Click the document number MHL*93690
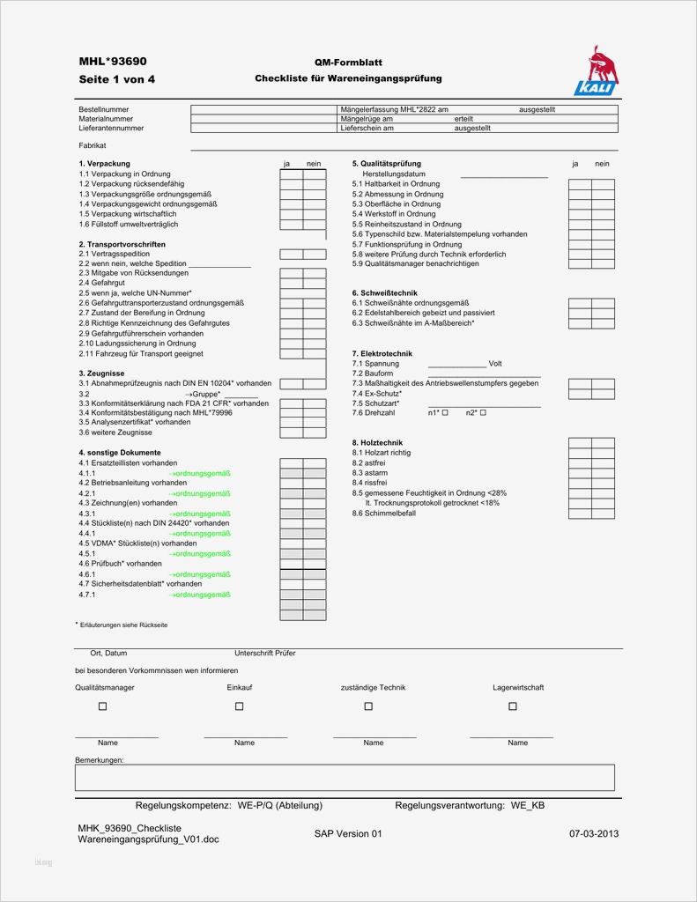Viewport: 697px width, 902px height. click(x=113, y=62)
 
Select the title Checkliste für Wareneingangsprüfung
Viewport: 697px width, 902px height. click(x=348, y=78)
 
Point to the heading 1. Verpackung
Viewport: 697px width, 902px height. click(x=104, y=164)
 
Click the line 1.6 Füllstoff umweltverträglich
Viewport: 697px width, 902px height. click(x=129, y=224)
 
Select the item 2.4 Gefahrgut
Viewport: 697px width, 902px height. click(x=104, y=283)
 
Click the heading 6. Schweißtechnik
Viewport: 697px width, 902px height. click(x=385, y=293)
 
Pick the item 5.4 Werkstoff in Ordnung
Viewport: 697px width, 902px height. click(x=394, y=214)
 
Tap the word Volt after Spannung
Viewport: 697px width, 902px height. click(x=495, y=364)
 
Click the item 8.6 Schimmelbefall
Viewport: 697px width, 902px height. click(x=384, y=513)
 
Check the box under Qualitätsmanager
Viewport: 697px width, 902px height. click(x=102, y=706)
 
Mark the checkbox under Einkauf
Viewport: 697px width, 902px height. click(x=239, y=706)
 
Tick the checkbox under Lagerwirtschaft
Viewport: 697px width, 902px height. click(x=513, y=706)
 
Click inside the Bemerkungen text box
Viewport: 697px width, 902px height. click(x=345, y=777)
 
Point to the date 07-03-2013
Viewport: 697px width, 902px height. click(x=594, y=832)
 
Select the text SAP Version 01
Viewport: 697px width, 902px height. click(x=348, y=833)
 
